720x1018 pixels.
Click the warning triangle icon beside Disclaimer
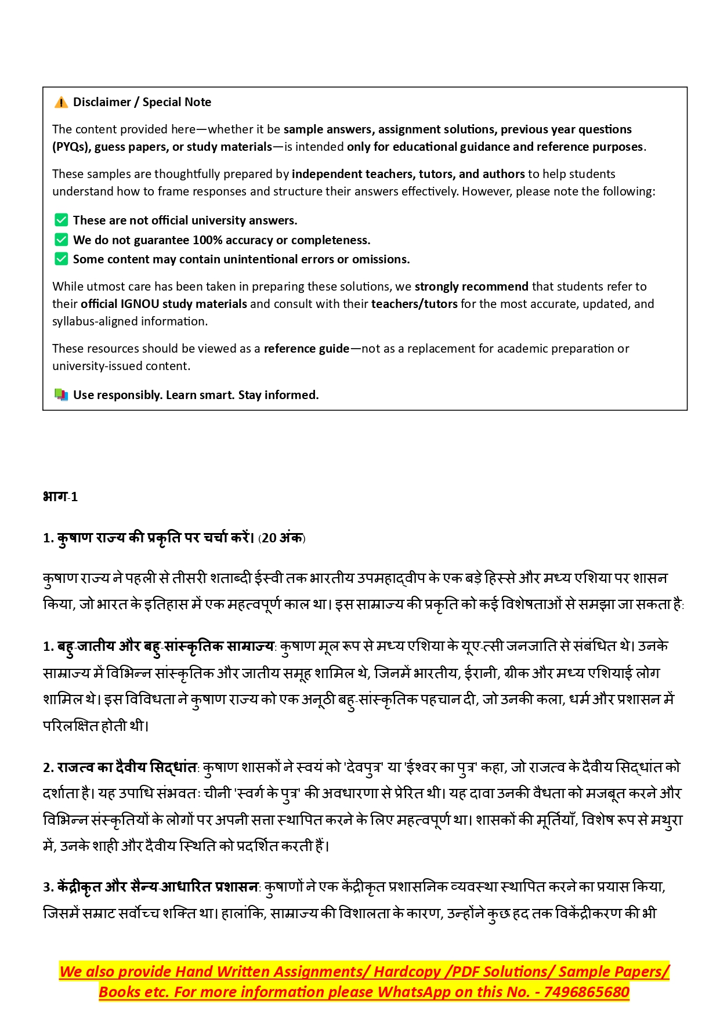[61, 103]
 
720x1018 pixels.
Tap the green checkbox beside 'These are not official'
[61, 220]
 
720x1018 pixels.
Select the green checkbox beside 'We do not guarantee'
[61, 240]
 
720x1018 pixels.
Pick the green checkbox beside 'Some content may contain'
[61, 259]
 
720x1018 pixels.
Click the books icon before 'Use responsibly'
[61, 395]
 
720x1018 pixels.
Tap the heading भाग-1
[60, 497]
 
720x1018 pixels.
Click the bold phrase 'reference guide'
[306, 349]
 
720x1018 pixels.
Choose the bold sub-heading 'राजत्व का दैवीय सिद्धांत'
[127, 767]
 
